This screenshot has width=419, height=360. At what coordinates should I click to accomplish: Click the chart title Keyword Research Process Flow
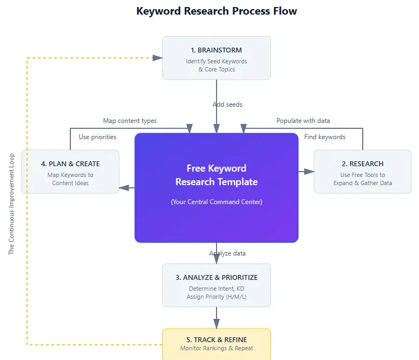coord(217,11)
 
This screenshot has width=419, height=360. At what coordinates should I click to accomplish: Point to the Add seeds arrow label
coord(227,104)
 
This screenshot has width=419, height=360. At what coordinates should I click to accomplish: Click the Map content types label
coord(130,121)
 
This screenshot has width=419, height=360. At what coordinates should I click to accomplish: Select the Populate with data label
coord(303,121)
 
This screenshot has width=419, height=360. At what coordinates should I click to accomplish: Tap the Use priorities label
coord(97,137)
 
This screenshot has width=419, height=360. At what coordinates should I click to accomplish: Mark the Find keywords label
coord(325,137)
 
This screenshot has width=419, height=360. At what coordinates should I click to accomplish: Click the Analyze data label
coord(227,253)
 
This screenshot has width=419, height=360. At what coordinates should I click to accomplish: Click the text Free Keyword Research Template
coord(217,175)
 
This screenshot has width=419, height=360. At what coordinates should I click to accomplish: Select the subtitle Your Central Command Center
coord(217,202)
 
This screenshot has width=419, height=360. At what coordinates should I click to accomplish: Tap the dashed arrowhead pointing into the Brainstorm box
coord(158,58)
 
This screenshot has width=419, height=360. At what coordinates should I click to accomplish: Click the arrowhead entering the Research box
coord(310,172)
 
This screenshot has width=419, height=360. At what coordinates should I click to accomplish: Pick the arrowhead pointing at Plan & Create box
coord(123,188)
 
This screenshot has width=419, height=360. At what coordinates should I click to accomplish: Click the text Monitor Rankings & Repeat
coord(217,349)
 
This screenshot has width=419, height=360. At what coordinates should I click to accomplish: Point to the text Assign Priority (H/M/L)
coord(217,297)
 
